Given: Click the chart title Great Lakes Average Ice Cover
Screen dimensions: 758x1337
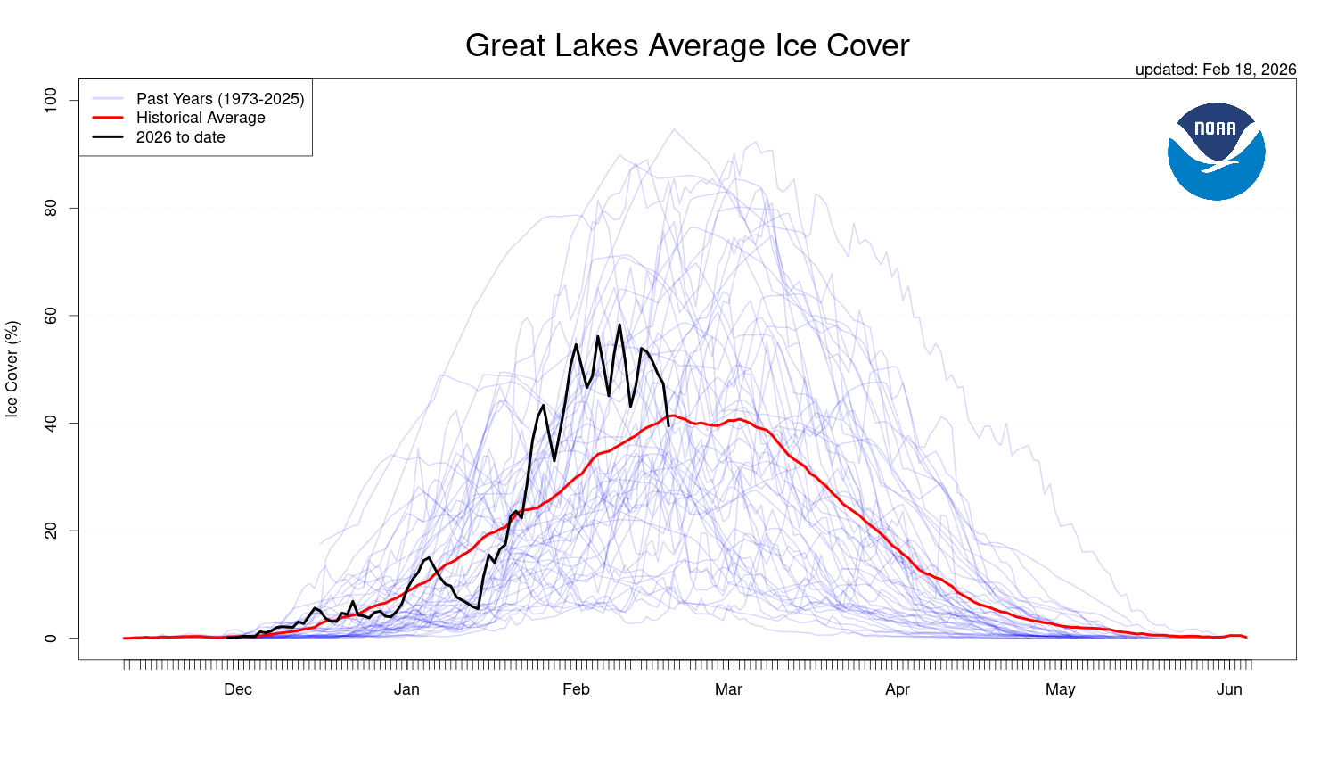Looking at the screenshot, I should coord(687,45).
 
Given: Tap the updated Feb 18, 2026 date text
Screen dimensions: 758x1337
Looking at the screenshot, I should coord(1215,70).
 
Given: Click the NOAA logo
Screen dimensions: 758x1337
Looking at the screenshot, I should coord(1216,151).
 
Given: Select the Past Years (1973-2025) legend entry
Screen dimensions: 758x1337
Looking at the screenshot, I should coord(219,99).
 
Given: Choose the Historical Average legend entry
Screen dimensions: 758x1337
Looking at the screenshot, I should coord(201,118).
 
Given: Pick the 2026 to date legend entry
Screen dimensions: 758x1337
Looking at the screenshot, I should coord(180,137).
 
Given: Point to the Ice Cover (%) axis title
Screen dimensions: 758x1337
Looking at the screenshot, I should coord(12,369).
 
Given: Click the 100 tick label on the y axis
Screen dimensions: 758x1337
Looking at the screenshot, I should coord(51,100).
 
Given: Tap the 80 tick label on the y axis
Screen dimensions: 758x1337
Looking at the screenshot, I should coord(51,208).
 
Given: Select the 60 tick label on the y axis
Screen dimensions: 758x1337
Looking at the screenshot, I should coord(51,316).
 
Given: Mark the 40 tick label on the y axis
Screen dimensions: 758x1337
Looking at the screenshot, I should coord(51,423).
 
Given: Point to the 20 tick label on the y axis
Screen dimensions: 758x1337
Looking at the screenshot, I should coord(51,531).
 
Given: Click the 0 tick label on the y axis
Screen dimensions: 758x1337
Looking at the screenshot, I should coord(51,639).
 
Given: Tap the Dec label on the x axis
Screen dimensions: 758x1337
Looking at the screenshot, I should coord(238,689).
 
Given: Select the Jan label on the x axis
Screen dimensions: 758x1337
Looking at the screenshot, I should coord(406,689).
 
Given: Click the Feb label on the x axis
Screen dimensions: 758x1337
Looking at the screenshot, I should coord(576,689).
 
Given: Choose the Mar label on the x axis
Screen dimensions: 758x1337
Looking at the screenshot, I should coord(728,689).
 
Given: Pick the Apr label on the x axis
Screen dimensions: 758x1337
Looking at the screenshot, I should coord(898,689).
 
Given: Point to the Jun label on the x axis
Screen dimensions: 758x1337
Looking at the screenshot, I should coord(1229,689).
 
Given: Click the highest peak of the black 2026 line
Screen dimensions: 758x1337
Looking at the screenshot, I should coord(619,325).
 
